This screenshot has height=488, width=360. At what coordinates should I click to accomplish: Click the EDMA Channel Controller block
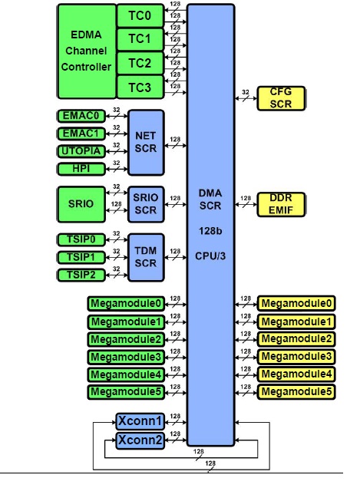(86, 50)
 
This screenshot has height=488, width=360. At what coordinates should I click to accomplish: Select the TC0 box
(139, 15)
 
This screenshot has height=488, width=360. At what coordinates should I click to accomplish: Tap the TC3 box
(139, 87)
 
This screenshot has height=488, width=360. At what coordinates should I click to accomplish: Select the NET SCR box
(145, 140)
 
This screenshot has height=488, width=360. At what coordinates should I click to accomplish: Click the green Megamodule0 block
(126, 303)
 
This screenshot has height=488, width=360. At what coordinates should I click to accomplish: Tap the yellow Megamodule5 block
(296, 392)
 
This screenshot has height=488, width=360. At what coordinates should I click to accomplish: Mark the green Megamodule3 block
(126, 357)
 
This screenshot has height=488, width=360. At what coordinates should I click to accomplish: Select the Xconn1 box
(139, 421)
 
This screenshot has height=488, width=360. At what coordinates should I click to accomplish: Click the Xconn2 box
(139, 440)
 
